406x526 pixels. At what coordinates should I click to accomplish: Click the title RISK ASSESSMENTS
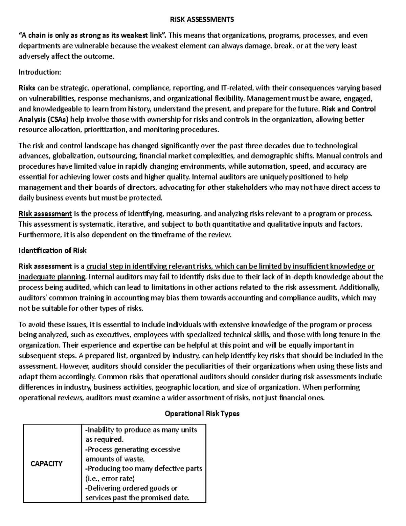(202, 20)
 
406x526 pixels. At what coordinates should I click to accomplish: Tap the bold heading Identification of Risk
(52, 251)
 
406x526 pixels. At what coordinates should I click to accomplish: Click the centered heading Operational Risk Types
(202, 414)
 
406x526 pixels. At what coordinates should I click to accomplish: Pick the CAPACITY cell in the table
(46, 464)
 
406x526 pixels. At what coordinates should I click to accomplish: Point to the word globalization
(73, 156)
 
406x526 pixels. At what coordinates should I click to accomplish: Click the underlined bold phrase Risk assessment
(45, 214)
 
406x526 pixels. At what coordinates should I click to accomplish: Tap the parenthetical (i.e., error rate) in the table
(110, 479)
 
